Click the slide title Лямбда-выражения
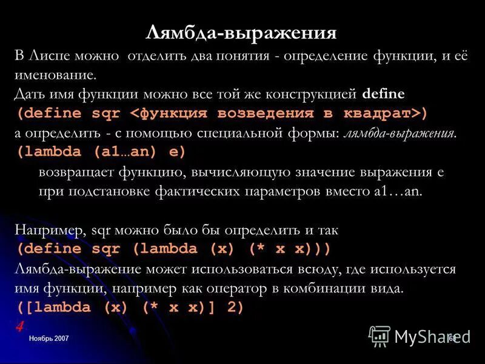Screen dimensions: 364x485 point(241,32)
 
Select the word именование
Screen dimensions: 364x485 point(55,76)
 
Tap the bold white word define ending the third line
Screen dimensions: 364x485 point(383,95)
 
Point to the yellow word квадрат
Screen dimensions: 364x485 point(380,113)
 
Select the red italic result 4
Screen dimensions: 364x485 point(20,326)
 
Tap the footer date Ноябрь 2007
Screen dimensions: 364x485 point(48,338)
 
